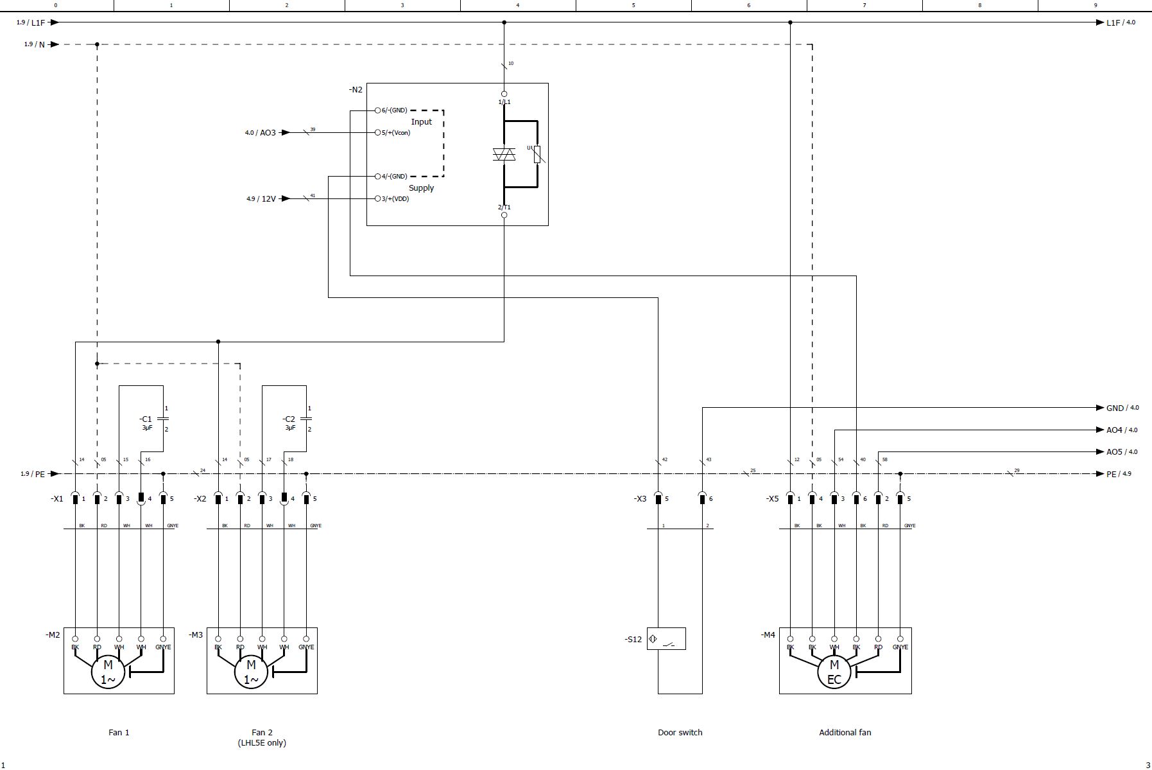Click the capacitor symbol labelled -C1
point(163,419)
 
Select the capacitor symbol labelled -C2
point(306,419)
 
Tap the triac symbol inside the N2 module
point(504,154)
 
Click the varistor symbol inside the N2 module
point(537,154)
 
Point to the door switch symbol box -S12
point(666,639)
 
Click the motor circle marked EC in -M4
point(834,672)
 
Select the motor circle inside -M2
point(108,672)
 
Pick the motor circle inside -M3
point(251,672)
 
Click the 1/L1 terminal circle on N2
point(504,94)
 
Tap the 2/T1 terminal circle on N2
point(504,215)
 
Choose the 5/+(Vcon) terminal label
point(395,133)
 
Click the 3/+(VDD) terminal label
point(395,199)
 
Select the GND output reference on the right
point(1115,408)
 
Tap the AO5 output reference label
point(1114,452)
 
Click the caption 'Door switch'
point(680,732)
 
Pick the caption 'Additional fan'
point(845,732)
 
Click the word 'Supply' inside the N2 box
point(421,188)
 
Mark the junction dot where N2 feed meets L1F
point(504,22)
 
